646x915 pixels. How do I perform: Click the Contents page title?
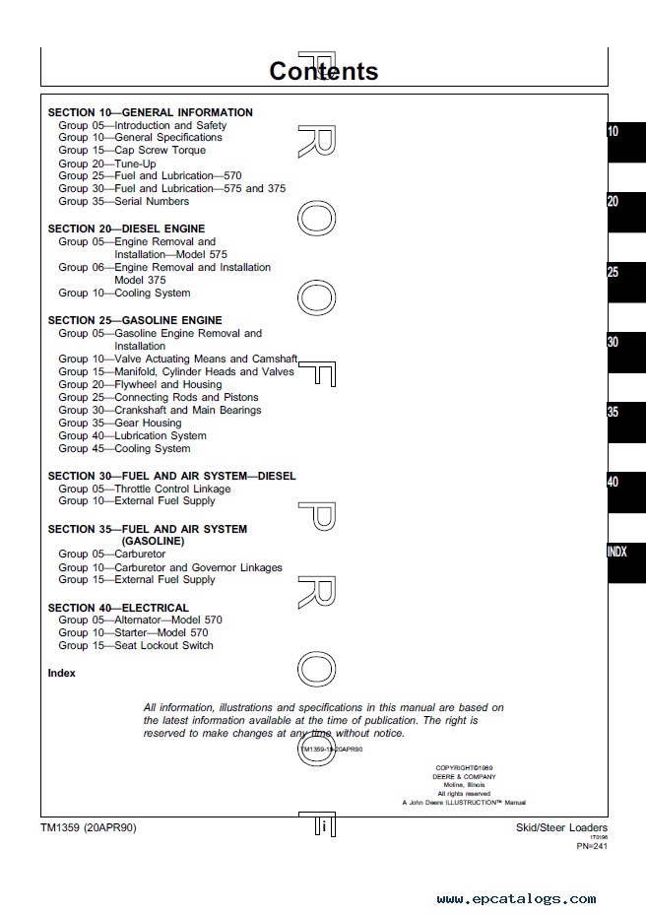point(323,71)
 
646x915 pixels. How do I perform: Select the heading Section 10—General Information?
point(150,112)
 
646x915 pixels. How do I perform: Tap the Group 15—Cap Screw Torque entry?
point(132,151)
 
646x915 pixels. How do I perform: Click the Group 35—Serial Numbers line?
point(123,202)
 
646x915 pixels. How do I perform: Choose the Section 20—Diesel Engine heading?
point(126,229)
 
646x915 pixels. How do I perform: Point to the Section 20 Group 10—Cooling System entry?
point(124,294)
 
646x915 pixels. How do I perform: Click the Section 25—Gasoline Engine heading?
point(135,320)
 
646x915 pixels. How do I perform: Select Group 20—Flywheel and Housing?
point(140,385)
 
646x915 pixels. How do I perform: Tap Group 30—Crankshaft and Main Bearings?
point(160,411)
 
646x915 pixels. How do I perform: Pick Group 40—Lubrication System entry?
point(132,436)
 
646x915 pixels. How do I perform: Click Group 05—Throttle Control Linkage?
point(144,489)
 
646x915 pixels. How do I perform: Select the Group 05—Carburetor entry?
point(112,555)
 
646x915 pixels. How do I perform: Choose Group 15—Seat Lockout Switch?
point(135,646)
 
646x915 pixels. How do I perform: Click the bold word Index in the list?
point(61,674)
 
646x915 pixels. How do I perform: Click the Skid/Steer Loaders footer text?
point(561,828)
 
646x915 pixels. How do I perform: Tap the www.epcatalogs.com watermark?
point(516,898)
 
